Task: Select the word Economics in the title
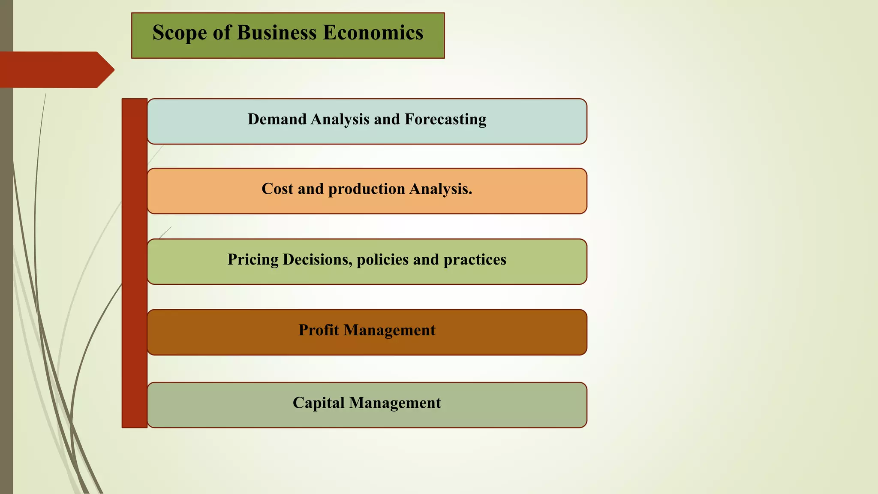pos(373,33)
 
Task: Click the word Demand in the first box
pos(277,119)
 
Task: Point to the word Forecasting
pos(445,119)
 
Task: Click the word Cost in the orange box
pos(277,189)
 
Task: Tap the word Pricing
pos(253,260)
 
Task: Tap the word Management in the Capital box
pos(395,403)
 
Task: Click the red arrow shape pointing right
pos(56,69)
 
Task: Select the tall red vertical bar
pos(135,263)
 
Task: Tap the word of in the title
pos(222,33)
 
